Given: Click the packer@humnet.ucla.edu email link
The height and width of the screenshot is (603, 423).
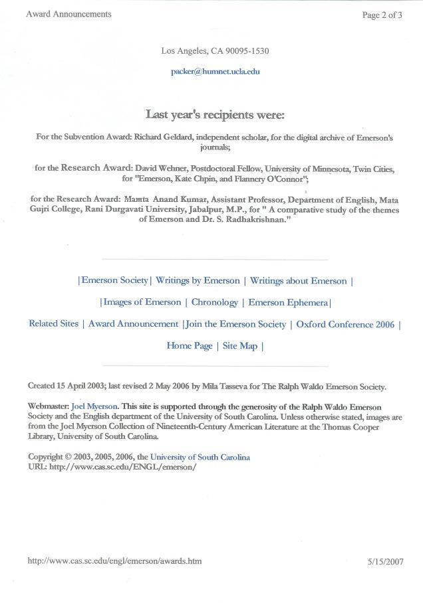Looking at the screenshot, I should pyautogui.click(x=215, y=71).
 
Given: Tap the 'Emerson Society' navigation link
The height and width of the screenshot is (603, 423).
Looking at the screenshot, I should pyautogui.click(x=114, y=281).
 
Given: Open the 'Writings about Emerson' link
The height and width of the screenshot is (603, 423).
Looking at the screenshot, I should pyautogui.click(x=299, y=281).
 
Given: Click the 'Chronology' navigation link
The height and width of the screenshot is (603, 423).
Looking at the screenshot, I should pyautogui.click(x=214, y=302).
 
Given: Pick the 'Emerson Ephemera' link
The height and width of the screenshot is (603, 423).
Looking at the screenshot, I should pyautogui.click(x=288, y=302).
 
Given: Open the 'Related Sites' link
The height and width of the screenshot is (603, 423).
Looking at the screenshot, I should pyautogui.click(x=53, y=324).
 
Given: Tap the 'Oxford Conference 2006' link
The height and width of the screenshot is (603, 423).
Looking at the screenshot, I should pyautogui.click(x=345, y=324).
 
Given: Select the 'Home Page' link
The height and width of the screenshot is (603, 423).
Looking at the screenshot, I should pyautogui.click(x=190, y=345).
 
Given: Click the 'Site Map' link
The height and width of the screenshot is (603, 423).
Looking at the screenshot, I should pyautogui.click(x=239, y=345).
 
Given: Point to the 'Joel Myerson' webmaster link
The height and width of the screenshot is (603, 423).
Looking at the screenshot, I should pyautogui.click(x=94, y=406).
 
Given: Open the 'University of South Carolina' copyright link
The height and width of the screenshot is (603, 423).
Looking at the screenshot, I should pyautogui.click(x=200, y=457).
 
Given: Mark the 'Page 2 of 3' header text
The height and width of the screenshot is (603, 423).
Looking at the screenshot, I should pyautogui.click(x=382, y=15).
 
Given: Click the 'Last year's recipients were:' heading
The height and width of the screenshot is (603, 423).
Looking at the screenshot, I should pyautogui.click(x=215, y=115).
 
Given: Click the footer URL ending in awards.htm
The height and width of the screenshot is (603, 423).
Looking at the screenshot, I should pyautogui.click(x=114, y=561).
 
